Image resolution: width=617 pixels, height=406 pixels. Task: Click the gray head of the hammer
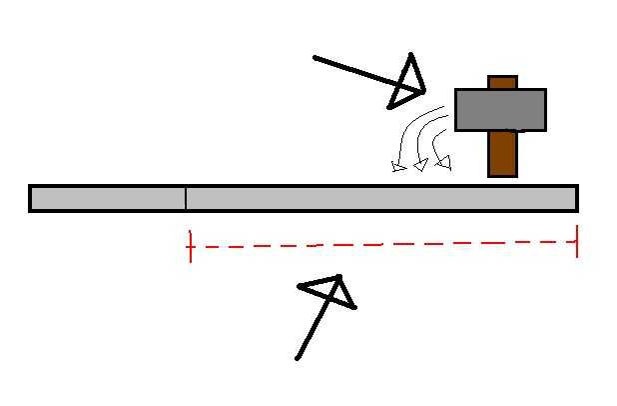[500, 110]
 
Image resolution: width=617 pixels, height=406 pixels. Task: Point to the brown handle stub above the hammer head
[502, 82]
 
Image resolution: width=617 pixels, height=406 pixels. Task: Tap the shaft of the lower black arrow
[313, 331]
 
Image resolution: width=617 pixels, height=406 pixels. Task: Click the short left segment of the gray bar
[108, 198]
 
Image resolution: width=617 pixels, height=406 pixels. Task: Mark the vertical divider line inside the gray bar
[186, 198]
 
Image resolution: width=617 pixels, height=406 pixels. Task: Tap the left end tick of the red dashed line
[190, 246]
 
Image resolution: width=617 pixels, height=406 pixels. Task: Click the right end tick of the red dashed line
[577, 241]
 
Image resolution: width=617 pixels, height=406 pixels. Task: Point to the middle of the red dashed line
[383, 244]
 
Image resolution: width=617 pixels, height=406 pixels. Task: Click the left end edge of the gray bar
[31, 198]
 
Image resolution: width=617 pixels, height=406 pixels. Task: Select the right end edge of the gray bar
[576, 198]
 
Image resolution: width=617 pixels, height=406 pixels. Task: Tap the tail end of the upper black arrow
[315, 58]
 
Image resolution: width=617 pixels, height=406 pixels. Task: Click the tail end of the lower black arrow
[298, 357]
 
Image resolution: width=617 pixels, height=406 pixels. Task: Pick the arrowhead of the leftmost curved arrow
[399, 166]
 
